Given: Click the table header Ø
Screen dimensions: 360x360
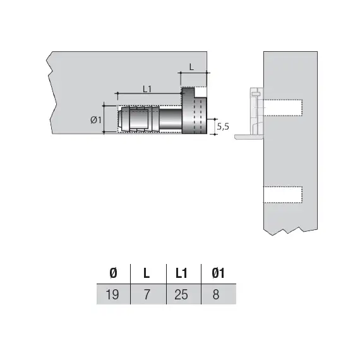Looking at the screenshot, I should click(x=113, y=273).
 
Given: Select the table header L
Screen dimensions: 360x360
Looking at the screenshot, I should click(x=147, y=273).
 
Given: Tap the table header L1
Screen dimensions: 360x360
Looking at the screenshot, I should click(x=181, y=273).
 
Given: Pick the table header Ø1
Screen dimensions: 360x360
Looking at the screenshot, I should click(x=217, y=273).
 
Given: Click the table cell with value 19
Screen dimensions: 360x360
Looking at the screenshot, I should click(x=113, y=294).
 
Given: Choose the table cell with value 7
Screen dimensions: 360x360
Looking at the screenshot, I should click(x=147, y=294).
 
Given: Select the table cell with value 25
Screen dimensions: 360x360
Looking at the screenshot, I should click(x=181, y=294).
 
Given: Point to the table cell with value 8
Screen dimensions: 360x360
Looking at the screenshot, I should click(x=216, y=294).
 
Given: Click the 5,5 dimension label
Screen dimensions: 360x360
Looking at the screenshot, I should click(x=222, y=126).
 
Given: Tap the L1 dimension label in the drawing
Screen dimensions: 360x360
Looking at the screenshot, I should click(x=147, y=89).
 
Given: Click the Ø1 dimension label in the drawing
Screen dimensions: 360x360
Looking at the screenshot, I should click(x=96, y=119).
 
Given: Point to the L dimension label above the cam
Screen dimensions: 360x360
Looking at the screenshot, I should click(x=192, y=66).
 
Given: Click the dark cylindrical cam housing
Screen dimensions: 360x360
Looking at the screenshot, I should click(x=194, y=114).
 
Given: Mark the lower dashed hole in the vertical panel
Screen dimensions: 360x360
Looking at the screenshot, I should click(x=282, y=195).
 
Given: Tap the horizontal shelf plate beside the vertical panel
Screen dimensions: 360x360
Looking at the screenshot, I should click(x=247, y=136).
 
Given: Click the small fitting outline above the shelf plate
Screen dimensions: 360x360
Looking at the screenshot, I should click(x=255, y=111).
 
